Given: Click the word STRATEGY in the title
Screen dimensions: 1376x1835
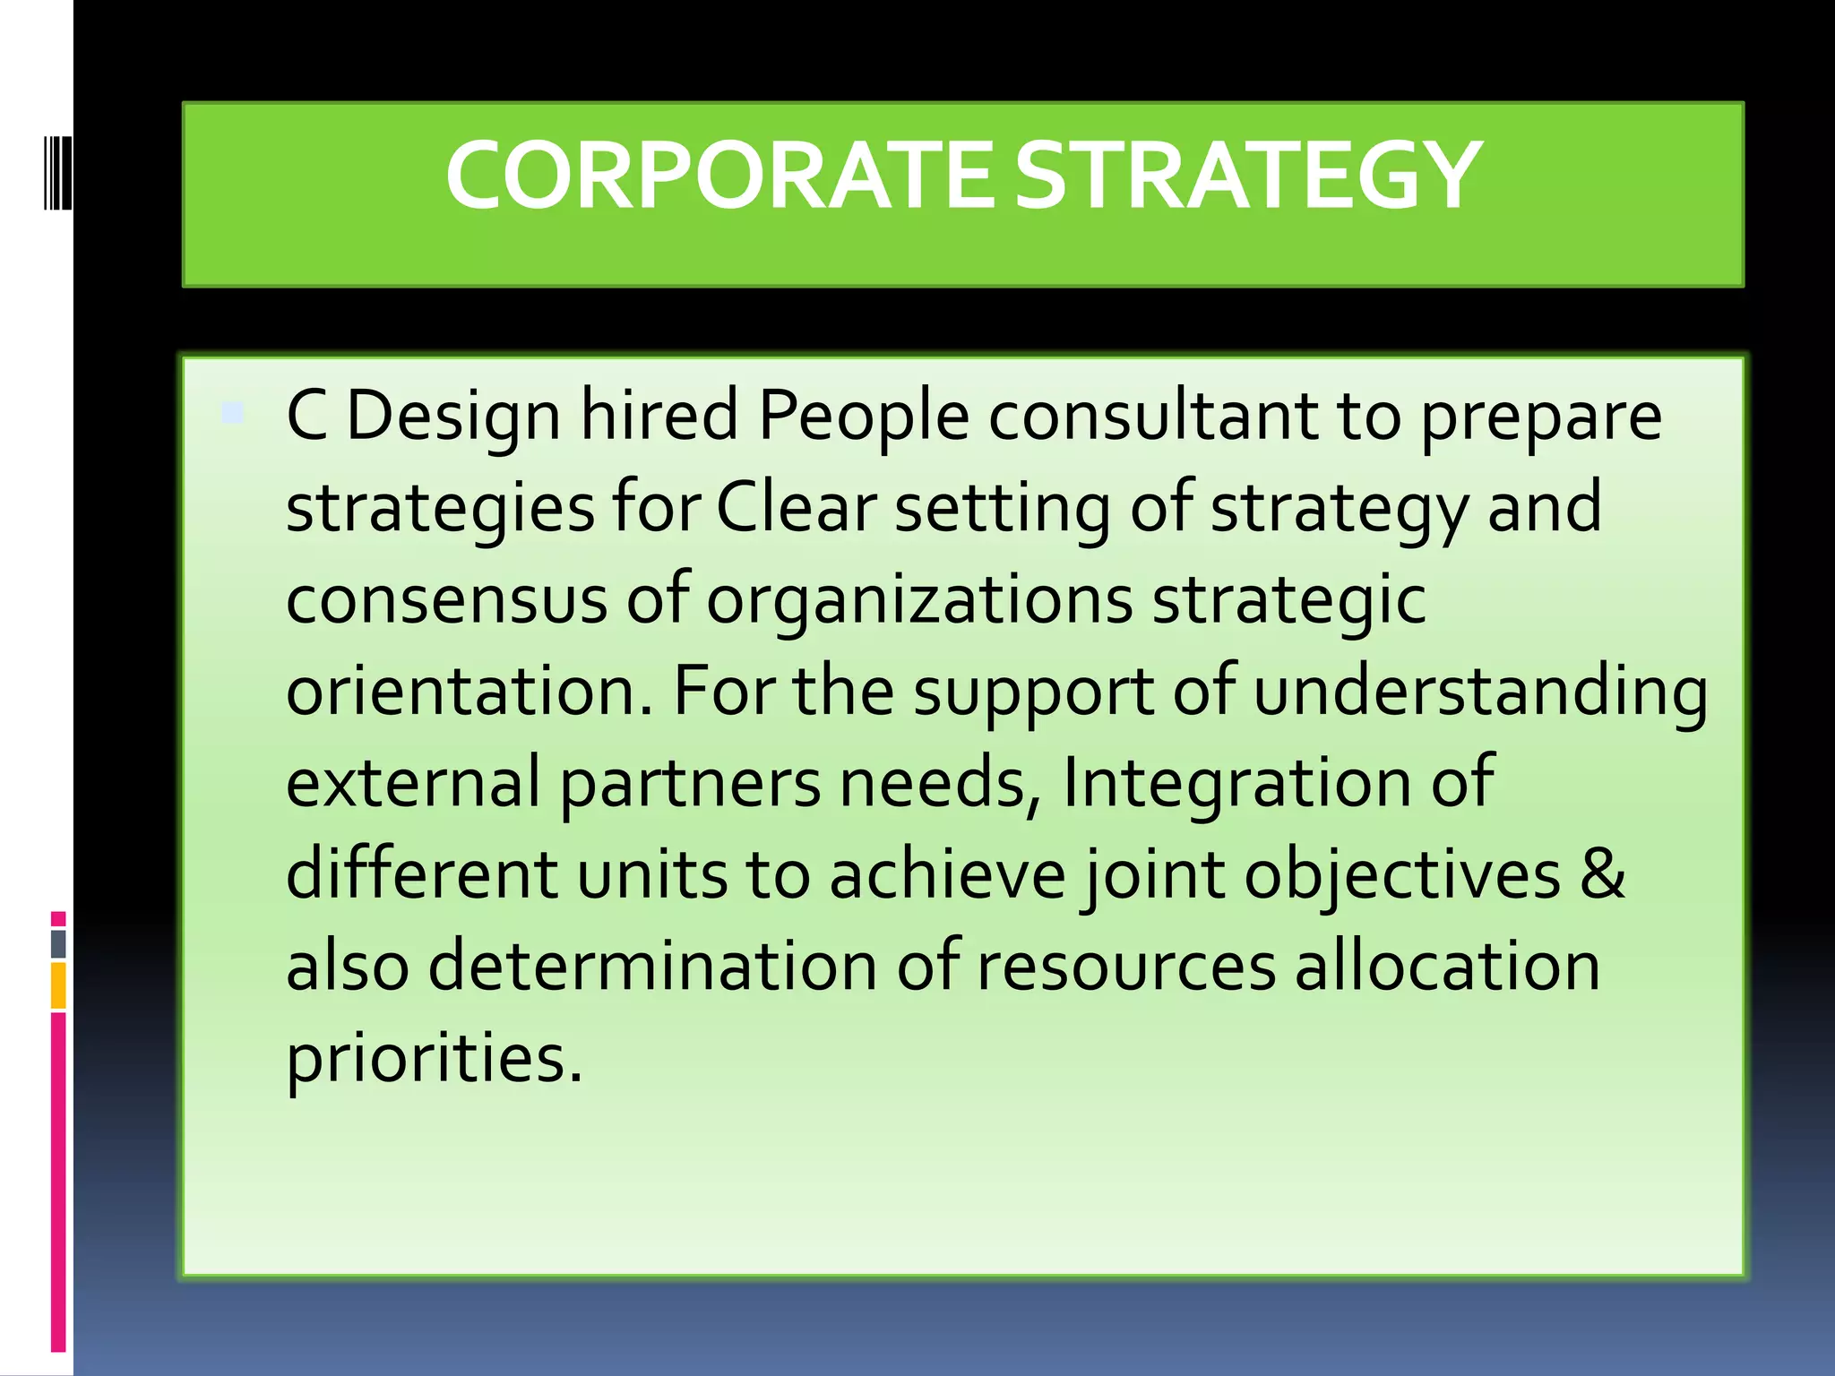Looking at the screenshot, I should [x=1247, y=176].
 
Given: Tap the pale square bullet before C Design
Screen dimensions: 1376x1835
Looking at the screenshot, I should [x=232, y=413].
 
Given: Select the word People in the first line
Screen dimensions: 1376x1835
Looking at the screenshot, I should [x=864, y=417].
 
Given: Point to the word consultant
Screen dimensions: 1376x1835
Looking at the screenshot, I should [x=1154, y=417].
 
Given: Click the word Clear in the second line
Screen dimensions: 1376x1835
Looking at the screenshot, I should [x=796, y=508].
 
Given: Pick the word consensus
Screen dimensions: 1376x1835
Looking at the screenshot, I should [x=446, y=600].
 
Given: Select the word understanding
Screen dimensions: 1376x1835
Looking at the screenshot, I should [x=1480, y=692].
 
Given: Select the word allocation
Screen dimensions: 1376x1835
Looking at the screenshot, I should [x=1447, y=967].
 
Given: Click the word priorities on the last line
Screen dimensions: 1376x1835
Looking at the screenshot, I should [x=434, y=1059].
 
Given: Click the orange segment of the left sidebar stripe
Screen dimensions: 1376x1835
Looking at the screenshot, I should [x=58, y=985].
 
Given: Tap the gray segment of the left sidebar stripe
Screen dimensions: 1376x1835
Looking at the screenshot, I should [x=58, y=943].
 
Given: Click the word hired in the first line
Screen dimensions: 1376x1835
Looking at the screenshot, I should [x=659, y=417].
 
